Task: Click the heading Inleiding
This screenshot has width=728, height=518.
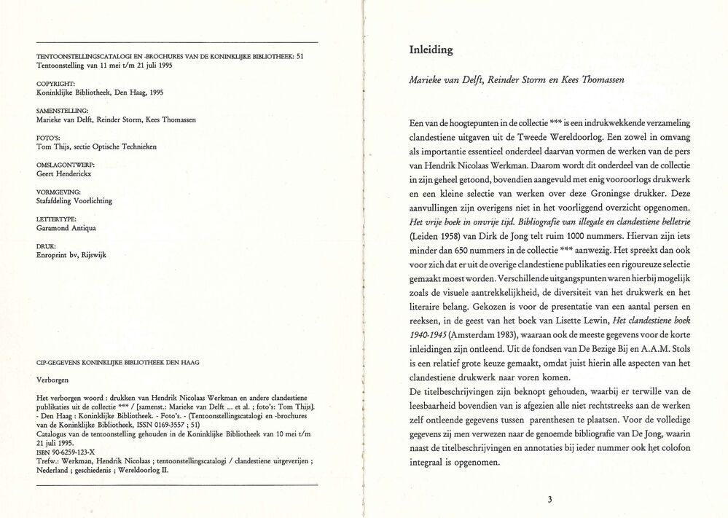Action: (x=432, y=50)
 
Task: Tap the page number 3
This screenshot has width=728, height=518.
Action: (x=550, y=499)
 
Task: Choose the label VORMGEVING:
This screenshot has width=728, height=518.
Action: (x=58, y=192)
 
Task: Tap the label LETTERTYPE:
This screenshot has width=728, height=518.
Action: (x=57, y=219)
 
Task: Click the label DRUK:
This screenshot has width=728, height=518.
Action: (x=46, y=246)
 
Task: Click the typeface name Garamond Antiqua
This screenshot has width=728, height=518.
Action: (x=66, y=227)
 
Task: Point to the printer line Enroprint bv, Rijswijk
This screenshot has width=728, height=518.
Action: (x=71, y=255)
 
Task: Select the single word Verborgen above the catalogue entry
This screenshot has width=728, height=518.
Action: (x=54, y=380)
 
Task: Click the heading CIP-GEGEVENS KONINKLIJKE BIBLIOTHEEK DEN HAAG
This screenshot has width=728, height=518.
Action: (x=118, y=362)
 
